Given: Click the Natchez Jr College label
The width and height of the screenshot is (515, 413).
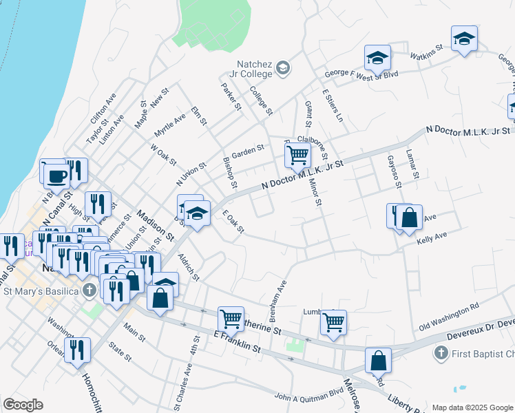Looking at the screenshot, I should (251, 68).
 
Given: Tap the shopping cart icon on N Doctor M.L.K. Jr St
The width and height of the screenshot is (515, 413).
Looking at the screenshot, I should (297, 154).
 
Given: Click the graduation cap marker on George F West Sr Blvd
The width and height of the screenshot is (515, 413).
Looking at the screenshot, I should (377, 59).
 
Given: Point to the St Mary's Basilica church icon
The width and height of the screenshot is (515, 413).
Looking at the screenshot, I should (89, 290).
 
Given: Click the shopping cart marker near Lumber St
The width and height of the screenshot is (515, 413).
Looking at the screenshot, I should (333, 321).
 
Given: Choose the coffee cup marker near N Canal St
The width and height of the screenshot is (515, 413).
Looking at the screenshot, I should (56, 176).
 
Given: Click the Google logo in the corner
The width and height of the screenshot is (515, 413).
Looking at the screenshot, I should (23, 404).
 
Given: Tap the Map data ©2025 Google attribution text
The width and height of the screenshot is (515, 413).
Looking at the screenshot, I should (472, 407).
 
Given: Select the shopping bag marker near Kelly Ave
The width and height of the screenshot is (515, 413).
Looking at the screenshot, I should (409, 218).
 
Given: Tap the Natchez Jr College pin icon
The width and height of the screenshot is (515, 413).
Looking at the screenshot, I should (283, 68).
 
